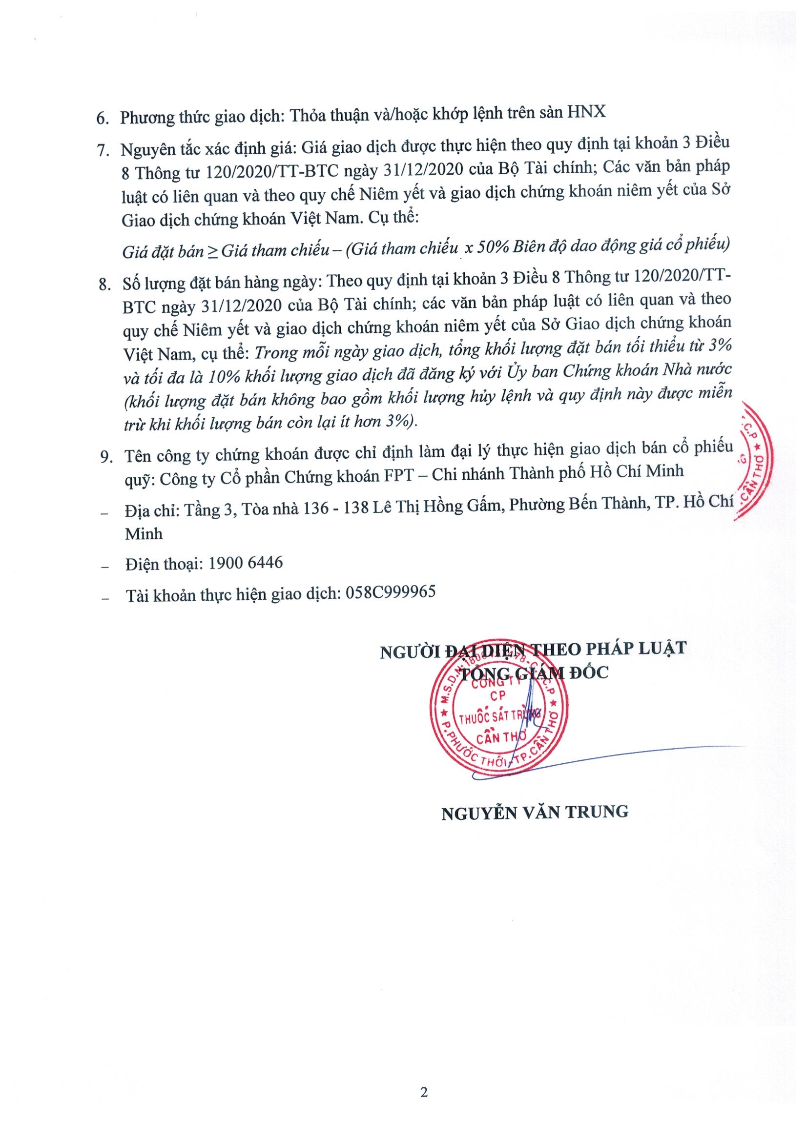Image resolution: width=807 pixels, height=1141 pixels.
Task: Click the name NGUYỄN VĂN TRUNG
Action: [535, 812]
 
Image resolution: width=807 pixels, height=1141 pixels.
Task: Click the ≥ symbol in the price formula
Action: [212, 250]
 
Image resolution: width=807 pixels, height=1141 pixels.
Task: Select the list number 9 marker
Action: [106, 457]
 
